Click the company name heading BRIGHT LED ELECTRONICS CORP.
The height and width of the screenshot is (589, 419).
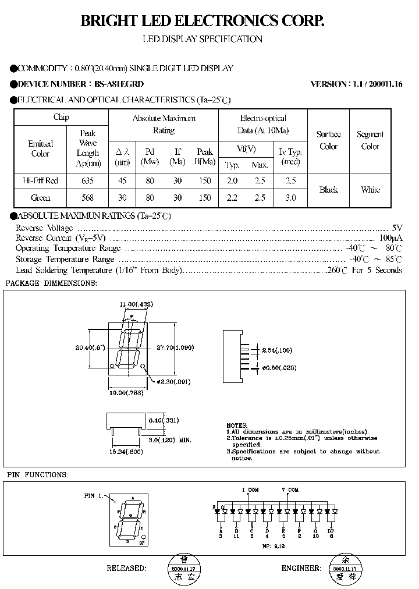point(201,22)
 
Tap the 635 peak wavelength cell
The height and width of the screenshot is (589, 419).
point(88,180)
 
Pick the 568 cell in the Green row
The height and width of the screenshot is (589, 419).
point(88,198)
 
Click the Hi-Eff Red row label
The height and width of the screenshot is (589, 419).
point(40,180)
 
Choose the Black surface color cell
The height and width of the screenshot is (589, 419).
point(328,189)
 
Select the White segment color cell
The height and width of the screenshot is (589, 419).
point(370,189)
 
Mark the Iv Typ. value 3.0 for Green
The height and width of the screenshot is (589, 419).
point(290,198)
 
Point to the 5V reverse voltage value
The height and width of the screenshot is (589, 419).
point(397,228)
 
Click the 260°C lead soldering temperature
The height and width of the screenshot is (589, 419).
point(337,270)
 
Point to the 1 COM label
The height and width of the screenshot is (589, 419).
point(250,489)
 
